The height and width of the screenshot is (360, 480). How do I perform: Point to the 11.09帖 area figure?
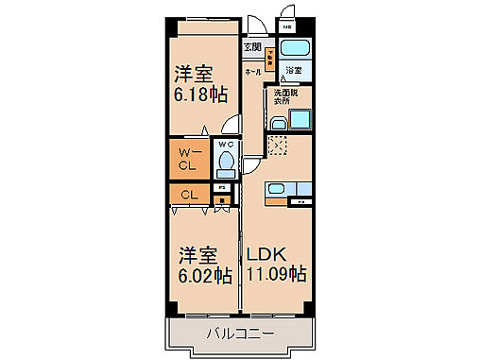click(276, 275)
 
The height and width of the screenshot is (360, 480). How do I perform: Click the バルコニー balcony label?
click(242, 334)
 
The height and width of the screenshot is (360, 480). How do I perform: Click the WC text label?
click(226, 145)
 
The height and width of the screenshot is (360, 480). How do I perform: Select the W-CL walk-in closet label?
click(189, 158)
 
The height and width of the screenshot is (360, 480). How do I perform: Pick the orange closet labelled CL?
click(189, 195)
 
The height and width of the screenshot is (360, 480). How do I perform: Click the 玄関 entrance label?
click(252, 46)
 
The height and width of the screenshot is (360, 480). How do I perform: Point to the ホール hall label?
click(253, 71)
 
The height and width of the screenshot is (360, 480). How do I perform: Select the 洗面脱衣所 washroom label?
click(285, 97)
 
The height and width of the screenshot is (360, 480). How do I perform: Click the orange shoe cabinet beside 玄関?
click(270, 60)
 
